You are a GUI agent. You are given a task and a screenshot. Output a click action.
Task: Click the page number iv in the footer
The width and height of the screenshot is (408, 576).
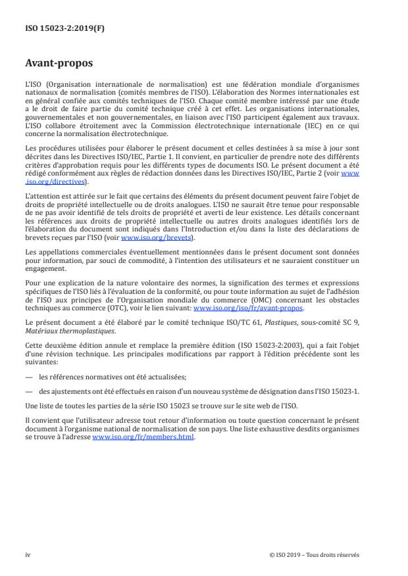click(x=28, y=554)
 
